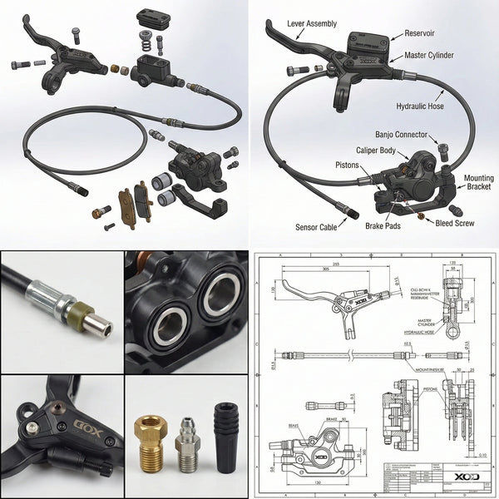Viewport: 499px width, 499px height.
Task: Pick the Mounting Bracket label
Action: click(x=477, y=181)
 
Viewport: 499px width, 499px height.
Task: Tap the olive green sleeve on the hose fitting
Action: click(x=81, y=314)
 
